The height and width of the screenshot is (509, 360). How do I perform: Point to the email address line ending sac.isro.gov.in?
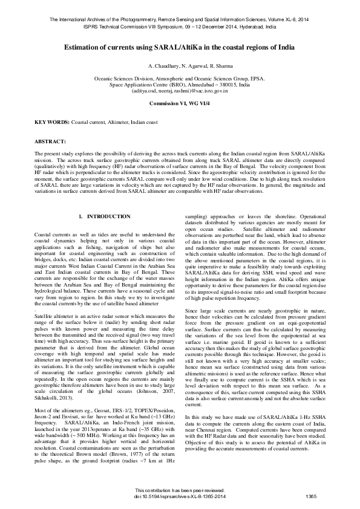pyautogui.click(x=180, y=91)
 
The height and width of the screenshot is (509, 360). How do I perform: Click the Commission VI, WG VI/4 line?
pyautogui.click(x=180, y=103)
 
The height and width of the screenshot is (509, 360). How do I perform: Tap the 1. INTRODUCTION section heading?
pyautogui.click(x=105, y=216)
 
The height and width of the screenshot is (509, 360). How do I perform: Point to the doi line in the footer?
pyautogui.click(x=179, y=497)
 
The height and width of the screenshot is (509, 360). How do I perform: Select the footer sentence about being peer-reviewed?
pyautogui.click(x=179, y=490)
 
